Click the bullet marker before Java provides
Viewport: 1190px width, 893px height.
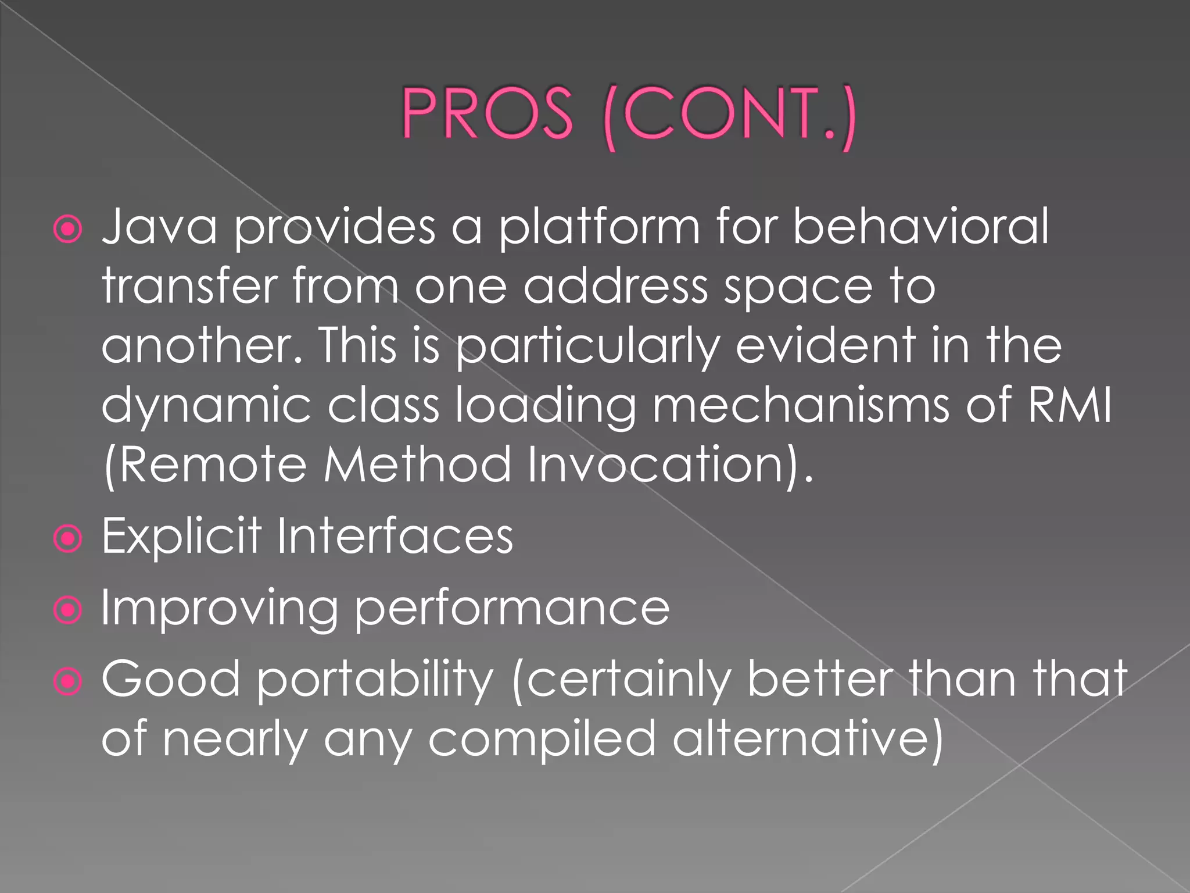(x=68, y=230)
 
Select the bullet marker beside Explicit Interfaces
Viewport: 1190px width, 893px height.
(x=68, y=539)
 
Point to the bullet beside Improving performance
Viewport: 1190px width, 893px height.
(x=68, y=610)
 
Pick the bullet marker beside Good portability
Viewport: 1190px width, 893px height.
(x=68, y=681)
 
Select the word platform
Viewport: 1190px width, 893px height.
(x=599, y=228)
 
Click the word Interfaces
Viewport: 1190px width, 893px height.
(x=395, y=535)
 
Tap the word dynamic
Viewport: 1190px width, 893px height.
(x=207, y=406)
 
